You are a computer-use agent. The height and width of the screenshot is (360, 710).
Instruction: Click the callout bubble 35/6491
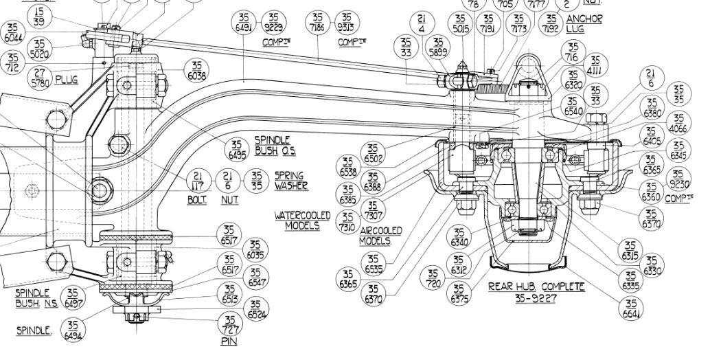244,21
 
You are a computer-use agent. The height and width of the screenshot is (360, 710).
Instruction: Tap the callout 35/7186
317,21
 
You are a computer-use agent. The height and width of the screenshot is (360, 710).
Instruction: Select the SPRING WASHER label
290,181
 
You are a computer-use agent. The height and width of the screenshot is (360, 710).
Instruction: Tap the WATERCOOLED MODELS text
303,221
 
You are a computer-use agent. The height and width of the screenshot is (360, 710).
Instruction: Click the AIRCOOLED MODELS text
381,236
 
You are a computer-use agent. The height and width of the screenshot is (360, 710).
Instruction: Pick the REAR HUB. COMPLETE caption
536,286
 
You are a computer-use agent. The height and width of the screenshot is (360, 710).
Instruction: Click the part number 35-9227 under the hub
536,298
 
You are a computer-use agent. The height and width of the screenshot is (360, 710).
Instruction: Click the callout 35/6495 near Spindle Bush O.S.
237,149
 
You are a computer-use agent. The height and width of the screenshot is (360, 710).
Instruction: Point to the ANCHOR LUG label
584,24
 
